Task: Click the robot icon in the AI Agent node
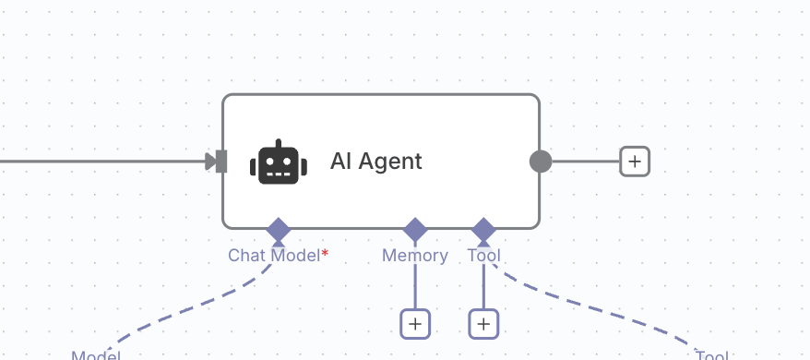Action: [x=278, y=163]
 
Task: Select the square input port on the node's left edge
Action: [x=221, y=162]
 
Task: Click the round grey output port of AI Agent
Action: [x=541, y=162]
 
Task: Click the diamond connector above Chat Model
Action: [x=278, y=229]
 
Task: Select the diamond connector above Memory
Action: [x=415, y=229]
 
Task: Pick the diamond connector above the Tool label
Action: [x=483, y=229]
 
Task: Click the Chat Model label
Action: [x=273, y=256]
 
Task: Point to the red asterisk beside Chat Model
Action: [x=325, y=253]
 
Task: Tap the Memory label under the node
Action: [x=415, y=256]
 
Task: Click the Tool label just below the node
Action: [x=484, y=256]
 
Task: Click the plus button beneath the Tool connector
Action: [x=483, y=324]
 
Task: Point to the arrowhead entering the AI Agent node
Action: [x=210, y=162]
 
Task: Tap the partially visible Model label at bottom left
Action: [x=96, y=355]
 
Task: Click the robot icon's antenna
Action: [x=278, y=143]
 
